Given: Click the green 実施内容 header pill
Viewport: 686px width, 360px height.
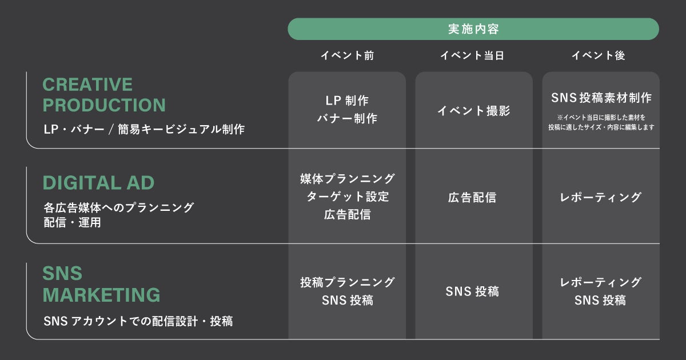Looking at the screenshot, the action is [x=473, y=29].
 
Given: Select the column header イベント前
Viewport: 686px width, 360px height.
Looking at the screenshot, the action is [x=347, y=55].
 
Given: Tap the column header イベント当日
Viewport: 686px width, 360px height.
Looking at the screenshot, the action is [x=473, y=55].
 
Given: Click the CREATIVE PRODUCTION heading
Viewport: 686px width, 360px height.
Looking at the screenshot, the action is [x=103, y=95].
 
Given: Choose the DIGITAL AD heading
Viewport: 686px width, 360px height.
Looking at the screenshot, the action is [x=98, y=183].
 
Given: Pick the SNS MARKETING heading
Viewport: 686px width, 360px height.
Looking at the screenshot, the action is [x=101, y=284].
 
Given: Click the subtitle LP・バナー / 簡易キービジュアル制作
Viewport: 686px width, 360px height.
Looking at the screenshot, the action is [x=144, y=129].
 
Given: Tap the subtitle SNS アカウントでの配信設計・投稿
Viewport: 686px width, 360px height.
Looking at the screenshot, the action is [x=138, y=321].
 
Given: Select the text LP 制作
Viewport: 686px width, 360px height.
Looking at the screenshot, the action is [x=347, y=101].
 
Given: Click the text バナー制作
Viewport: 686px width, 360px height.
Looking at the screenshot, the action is [x=347, y=119].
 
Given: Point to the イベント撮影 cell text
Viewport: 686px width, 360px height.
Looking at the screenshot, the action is [x=474, y=111].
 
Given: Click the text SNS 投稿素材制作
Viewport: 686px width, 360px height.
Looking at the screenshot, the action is [x=601, y=98].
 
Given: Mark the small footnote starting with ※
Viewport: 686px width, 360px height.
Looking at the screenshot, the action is [x=601, y=122].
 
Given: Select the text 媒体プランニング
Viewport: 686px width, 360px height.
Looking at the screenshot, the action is [x=347, y=178].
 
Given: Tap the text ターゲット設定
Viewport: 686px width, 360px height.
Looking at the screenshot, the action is [x=347, y=197].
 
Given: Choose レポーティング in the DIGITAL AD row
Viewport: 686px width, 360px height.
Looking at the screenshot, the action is [x=600, y=198].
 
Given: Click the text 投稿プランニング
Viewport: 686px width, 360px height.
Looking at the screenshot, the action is [x=347, y=282].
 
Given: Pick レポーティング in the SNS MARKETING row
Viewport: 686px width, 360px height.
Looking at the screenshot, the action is [x=600, y=282].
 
